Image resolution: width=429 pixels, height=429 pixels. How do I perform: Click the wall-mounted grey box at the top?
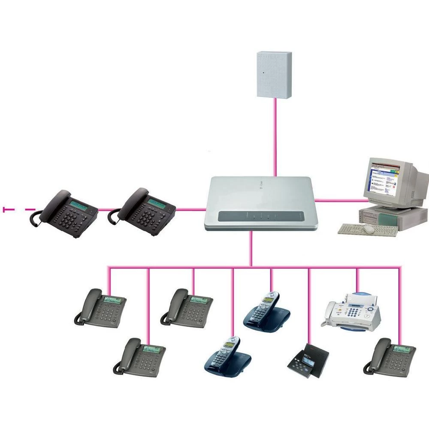click(x=274, y=74)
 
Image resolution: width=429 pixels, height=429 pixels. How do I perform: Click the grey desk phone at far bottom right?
click(x=390, y=357)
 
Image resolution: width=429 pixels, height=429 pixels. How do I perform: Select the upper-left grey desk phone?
click(x=101, y=308)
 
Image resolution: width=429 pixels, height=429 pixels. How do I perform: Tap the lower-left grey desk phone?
click(x=140, y=357)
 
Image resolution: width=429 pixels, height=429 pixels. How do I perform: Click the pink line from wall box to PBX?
click(x=275, y=137)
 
